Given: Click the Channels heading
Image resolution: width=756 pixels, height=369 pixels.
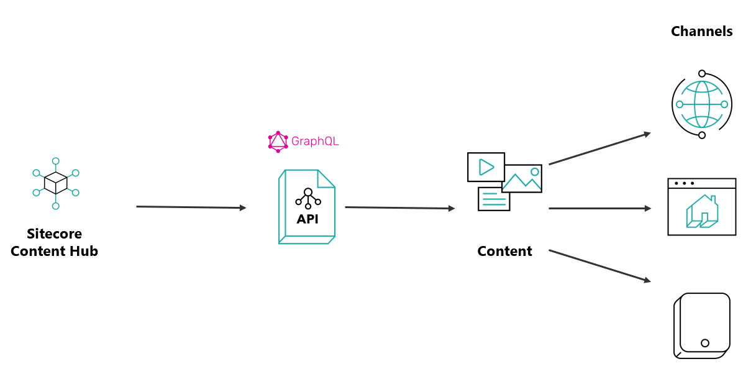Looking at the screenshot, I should (701, 32).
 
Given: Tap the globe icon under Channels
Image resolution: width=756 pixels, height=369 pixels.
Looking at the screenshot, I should (702, 104).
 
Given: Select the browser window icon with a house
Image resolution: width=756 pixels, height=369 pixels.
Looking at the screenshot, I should (702, 207).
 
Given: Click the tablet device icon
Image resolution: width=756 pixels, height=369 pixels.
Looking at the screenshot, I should (702, 326).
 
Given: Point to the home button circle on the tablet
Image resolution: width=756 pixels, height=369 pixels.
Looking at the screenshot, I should (705, 343).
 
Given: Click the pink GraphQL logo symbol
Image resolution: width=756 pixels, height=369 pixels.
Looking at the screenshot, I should (278, 142).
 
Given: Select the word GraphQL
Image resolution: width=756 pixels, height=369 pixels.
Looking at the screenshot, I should (315, 142).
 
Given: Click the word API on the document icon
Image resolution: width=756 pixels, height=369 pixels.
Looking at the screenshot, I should (307, 219).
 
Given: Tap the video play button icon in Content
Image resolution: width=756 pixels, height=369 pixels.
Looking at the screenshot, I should (486, 167).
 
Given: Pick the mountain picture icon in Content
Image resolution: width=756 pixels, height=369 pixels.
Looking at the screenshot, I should (522, 178).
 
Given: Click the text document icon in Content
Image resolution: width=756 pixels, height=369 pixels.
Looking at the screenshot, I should (494, 199).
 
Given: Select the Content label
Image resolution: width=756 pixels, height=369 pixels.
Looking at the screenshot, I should (504, 251).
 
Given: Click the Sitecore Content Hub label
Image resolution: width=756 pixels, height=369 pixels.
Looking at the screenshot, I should (55, 242).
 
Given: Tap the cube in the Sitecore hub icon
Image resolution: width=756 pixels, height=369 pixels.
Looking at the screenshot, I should (56, 183).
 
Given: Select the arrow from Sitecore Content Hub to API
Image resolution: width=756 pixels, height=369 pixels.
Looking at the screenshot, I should (191, 207).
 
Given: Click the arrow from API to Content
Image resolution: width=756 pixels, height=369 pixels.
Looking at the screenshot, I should (399, 208).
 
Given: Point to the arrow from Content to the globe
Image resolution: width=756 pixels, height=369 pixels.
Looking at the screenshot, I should (599, 148).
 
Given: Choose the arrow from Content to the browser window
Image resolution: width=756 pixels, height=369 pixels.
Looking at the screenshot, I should (599, 208).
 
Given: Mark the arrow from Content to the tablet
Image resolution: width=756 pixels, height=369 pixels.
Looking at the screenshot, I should (599, 266).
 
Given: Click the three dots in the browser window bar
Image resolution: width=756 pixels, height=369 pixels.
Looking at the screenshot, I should (684, 183).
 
